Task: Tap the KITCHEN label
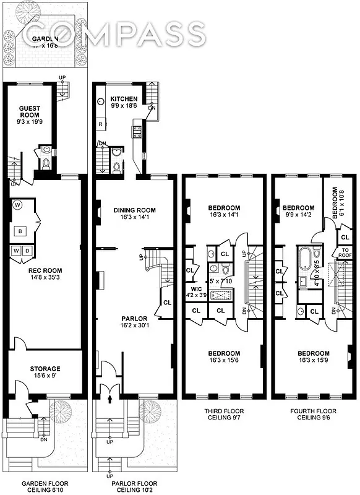coord(124,99)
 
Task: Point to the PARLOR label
coord(134,319)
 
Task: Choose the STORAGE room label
coord(45,369)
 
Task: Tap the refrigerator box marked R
coord(100,124)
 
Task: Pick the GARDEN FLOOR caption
coord(45,483)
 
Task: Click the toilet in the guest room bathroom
coord(45,163)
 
